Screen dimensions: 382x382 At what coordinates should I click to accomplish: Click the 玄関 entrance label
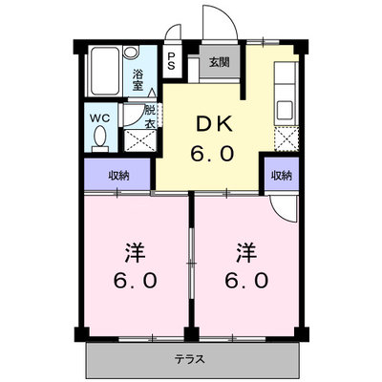click(x=220, y=62)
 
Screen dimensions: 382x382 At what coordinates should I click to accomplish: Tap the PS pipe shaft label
click(x=172, y=61)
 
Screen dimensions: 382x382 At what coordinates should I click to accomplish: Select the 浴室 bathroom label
click(x=138, y=80)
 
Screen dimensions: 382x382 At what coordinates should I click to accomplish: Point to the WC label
click(x=99, y=118)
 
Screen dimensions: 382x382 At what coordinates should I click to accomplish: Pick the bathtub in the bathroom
click(x=104, y=71)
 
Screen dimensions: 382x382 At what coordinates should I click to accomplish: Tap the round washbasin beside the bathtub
click(x=131, y=53)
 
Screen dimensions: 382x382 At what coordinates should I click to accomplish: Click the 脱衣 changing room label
click(x=150, y=117)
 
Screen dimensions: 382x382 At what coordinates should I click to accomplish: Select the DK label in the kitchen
click(x=214, y=124)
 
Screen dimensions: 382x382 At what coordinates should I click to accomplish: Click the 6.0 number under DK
click(x=212, y=154)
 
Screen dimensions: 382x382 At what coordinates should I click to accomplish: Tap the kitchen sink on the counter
click(x=285, y=110)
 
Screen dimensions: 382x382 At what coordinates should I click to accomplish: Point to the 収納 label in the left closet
click(x=118, y=176)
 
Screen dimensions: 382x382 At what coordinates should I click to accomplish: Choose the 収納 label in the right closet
click(x=282, y=176)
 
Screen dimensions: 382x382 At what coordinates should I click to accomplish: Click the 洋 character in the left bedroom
click(x=135, y=253)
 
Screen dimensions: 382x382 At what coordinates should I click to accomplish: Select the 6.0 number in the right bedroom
click(x=246, y=281)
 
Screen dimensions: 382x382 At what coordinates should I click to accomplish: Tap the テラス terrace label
click(x=189, y=359)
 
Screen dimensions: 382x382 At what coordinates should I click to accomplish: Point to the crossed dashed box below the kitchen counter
click(x=286, y=138)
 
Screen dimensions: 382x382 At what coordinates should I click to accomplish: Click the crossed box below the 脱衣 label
click(x=139, y=140)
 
